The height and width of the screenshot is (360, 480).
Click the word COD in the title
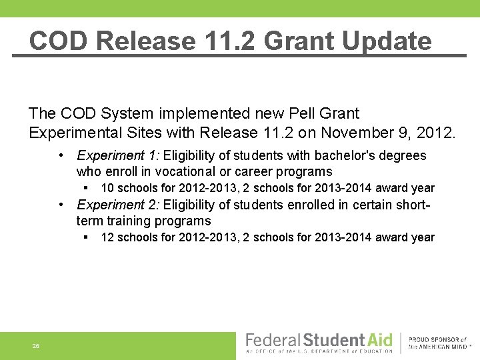tap(59, 41)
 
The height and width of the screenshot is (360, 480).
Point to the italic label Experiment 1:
tap(118, 155)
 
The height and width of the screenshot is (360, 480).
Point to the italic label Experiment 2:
tap(118, 205)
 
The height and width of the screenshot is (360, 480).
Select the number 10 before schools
tap(107, 188)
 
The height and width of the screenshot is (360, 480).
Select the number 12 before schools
tap(107, 237)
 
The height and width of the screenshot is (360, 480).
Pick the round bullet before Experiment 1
tap(61, 155)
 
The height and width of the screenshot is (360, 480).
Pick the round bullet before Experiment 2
tap(61, 205)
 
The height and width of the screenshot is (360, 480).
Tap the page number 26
tap(35, 346)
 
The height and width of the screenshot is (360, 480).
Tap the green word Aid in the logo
tap(381, 340)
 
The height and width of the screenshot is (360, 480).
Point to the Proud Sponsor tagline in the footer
tap(441, 343)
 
